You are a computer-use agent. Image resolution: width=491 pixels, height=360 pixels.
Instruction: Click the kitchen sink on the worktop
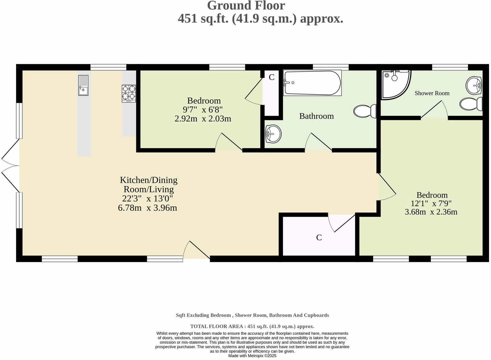point(83,85)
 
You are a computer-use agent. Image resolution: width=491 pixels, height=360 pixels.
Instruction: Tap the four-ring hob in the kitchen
point(129,93)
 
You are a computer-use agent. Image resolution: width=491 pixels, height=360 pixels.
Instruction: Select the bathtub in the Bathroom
point(312,83)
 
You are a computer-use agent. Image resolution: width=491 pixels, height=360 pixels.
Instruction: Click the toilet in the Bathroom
point(365,111)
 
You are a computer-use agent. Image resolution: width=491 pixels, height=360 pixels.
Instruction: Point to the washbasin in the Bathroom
point(273,134)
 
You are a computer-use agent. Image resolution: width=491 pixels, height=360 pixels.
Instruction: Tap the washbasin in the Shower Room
point(474,85)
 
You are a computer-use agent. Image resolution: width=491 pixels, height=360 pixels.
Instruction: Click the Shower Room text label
point(432,93)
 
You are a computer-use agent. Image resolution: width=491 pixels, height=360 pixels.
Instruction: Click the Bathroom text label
point(316,116)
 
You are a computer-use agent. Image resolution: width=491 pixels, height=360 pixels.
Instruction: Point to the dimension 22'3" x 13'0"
point(147,198)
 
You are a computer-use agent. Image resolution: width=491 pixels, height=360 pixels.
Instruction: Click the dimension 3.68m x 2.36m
point(431,212)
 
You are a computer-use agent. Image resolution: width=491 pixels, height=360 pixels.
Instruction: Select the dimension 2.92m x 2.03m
point(203,119)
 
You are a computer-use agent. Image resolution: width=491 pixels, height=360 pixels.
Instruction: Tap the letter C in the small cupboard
point(271,77)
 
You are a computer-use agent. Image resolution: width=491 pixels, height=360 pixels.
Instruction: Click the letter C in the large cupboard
point(319,237)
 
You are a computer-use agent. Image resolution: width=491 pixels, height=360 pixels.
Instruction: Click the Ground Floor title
point(246,6)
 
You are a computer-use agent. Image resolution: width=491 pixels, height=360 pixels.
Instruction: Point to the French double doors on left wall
point(10,165)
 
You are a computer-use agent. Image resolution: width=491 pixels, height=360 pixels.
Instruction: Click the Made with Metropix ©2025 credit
point(252,356)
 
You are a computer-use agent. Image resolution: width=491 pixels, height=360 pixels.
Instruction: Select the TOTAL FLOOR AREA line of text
point(252,326)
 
